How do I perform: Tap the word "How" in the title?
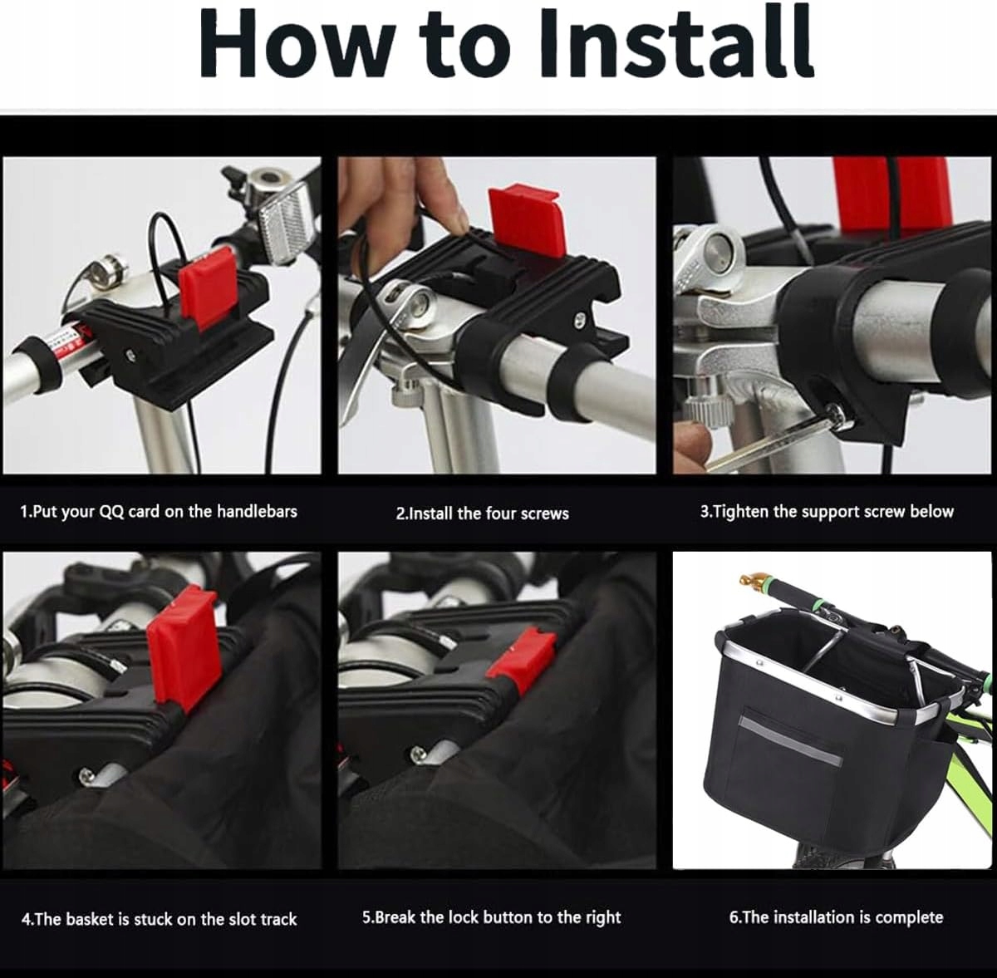pyautogui.click(x=295, y=45)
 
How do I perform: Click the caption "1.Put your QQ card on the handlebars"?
pyautogui.click(x=159, y=512)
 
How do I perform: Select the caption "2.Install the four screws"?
pyautogui.click(x=482, y=514)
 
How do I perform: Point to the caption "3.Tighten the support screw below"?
pyautogui.click(x=827, y=512)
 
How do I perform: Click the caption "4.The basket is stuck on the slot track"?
pyautogui.click(x=160, y=919)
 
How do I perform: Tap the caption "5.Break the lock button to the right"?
pyautogui.click(x=491, y=917)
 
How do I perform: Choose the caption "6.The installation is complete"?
pyautogui.click(x=836, y=917)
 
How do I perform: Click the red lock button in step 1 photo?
pyautogui.click(x=207, y=288)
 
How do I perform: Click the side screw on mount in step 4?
pyautogui.click(x=86, y=775)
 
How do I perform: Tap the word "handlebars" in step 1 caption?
pyautogui.click(x=257, y=511)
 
